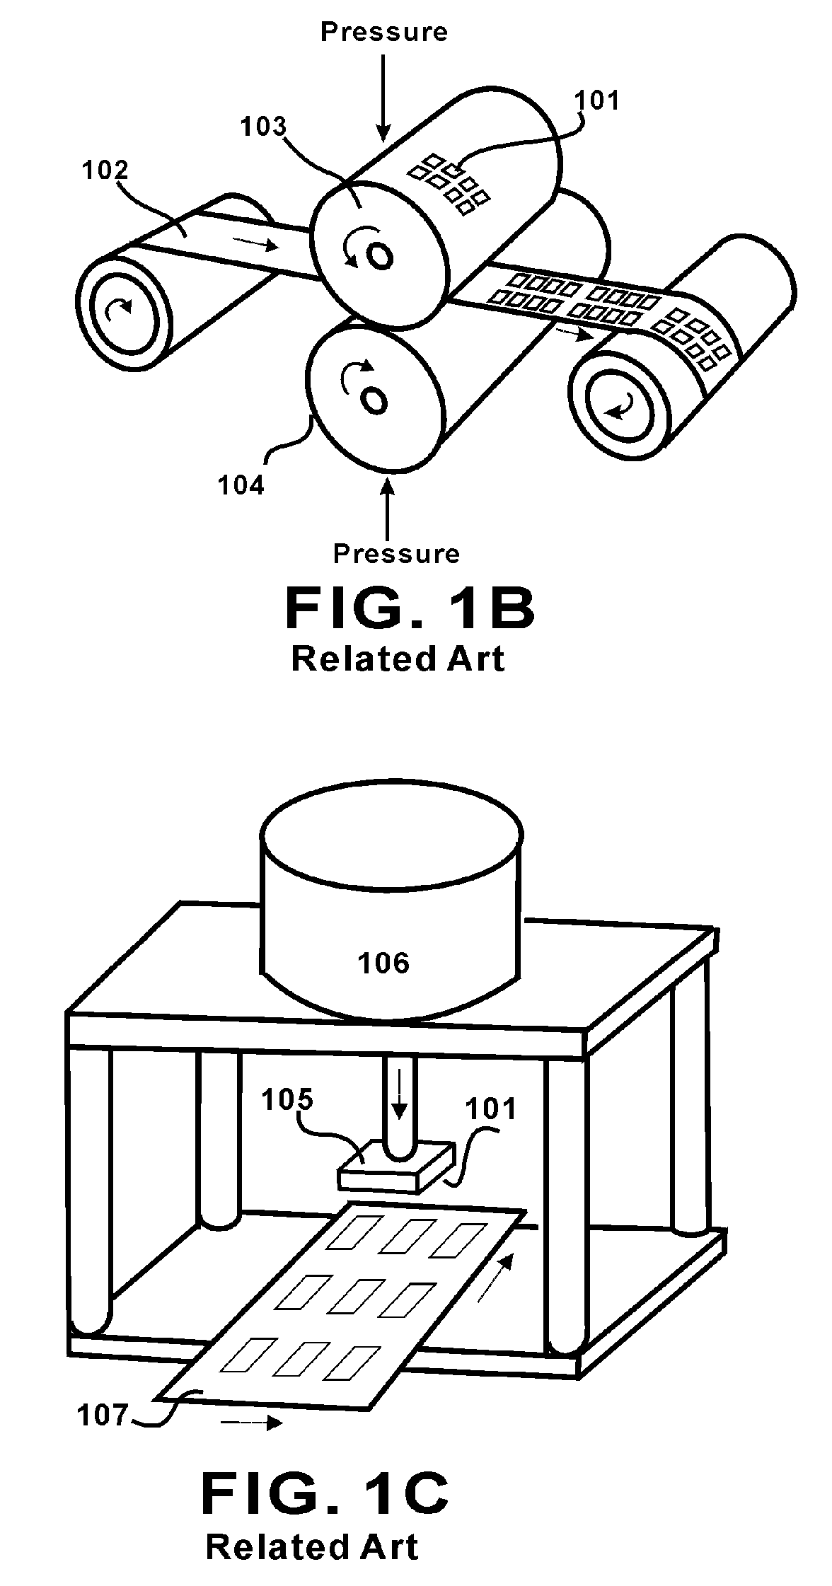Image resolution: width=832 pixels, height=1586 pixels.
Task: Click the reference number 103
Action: pos(263,127)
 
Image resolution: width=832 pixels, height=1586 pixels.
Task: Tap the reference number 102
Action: pos(105,170)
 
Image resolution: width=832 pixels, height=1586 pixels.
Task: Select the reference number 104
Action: pos(241,486)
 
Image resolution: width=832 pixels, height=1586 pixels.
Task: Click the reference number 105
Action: pos(287,1100)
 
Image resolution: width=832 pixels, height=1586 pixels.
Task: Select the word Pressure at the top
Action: pos(383,32)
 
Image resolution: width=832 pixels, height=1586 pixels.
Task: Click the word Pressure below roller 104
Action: pos(396,553)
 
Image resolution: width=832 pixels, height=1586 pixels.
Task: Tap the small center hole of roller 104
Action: pos(374,400)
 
